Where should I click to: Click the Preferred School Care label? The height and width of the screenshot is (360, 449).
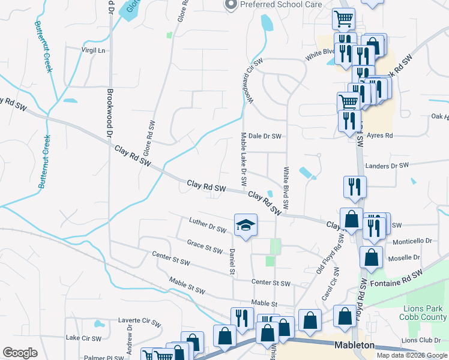point(281,4)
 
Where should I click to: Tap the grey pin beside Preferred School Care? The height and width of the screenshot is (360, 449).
point(231,4)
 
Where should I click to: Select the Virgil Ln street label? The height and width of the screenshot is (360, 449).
point(92,50)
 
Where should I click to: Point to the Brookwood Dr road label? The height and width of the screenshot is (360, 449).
point(110,117)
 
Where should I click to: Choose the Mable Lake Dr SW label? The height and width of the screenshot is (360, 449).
point(244,159)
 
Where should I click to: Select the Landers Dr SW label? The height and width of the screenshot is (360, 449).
point(387,166)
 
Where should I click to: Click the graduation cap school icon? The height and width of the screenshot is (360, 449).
point(246,225)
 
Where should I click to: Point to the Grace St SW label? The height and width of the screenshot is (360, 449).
point(205,247)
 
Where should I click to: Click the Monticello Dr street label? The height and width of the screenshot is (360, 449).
point(412,241)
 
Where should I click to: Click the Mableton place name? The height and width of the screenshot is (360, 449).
point(355,346)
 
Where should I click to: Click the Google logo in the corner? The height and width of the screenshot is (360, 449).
point(20,353)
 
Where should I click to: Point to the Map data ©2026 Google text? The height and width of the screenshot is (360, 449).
point(411,355)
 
